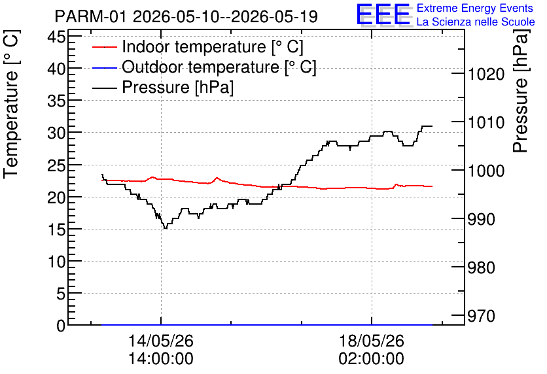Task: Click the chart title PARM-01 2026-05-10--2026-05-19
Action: pos(186,16)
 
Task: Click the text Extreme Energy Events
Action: pos(475,8)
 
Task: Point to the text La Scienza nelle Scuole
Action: pos(476,22)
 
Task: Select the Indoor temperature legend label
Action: pos(213,46)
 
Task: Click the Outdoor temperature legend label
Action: pos(219,67)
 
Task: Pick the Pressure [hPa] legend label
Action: pos(177,87)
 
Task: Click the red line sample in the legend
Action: pos(104,47)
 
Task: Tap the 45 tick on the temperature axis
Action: pos(56,37)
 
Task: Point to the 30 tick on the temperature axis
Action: pos(56,133)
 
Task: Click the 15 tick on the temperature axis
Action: pos(56,229)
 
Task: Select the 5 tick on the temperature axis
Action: pos(61,294)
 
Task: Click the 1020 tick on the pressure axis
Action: pos(486,75)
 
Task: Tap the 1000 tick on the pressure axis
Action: pos(486,171)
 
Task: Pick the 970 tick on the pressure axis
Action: pos(482,316)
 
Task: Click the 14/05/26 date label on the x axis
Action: pos(161,341)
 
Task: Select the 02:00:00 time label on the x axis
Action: pos(371,359)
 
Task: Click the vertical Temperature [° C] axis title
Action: pos(11,104)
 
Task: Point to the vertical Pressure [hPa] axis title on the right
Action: pos(520,91)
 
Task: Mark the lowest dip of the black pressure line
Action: pos(166,228)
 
